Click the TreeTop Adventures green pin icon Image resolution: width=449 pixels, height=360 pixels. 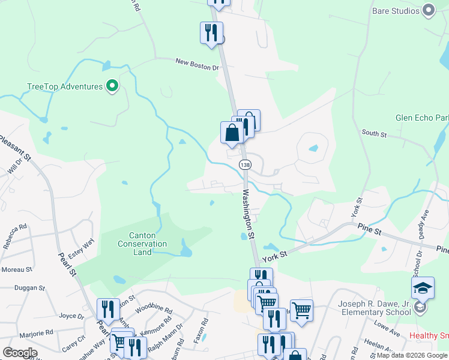coord(112,87)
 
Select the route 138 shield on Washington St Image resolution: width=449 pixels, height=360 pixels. coord(244,164)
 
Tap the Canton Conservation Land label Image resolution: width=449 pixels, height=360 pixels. coord(142,244)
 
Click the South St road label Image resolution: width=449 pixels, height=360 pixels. coord(374,133)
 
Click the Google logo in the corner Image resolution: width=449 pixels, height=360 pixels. coord(20,353)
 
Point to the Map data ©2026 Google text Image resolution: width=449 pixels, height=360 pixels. coord(412,355)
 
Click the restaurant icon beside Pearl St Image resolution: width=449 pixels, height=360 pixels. coord(108,310)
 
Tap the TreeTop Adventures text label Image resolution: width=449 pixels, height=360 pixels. coord(65,86)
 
